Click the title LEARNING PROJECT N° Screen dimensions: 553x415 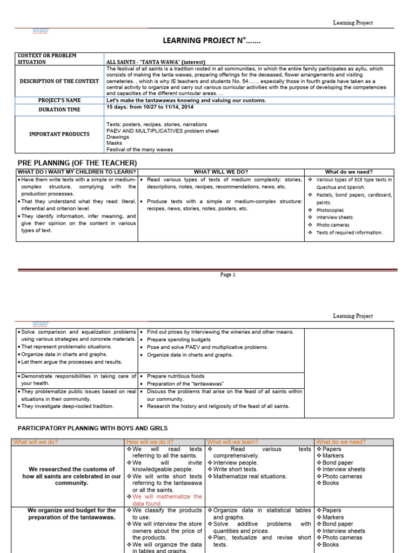tap(207, 41)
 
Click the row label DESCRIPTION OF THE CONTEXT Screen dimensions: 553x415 tap(59, 81)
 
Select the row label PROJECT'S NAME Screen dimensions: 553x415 tap(59, 100)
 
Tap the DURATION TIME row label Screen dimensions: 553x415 tap(59, 110)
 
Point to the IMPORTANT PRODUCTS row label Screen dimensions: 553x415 tap(59, 134)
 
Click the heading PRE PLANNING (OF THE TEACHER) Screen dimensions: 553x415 tap(77, 163)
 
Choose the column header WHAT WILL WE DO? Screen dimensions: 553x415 tap(221, 172)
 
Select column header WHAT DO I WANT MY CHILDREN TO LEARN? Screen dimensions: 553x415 tap(77, 172)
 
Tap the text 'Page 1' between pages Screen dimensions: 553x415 tap(227, 274)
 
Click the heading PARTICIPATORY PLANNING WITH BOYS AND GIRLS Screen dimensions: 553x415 tap(93, 428)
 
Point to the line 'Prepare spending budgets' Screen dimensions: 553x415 tap(178, 340)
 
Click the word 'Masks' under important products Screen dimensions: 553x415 tap(114, 144)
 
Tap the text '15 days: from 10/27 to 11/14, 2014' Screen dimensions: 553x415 tap(150, 107)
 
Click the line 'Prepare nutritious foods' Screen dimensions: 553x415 tap(176, 376)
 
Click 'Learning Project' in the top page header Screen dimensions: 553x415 tap(353, 23)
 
